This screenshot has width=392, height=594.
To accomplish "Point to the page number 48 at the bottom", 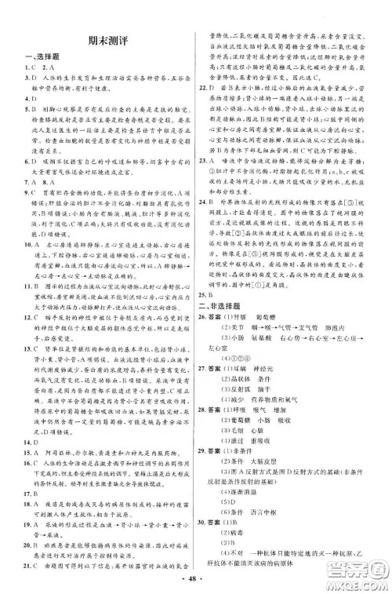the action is point(197,581).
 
